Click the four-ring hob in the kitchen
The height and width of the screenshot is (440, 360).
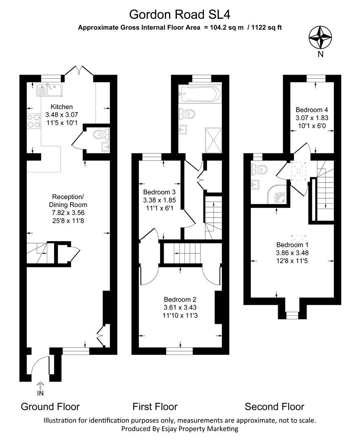33,121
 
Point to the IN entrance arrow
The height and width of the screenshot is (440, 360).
40,386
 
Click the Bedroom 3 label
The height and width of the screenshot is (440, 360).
159,192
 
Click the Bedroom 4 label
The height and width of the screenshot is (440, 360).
312,110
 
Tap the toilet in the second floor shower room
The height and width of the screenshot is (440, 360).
259,168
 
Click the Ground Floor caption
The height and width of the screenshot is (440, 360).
50,407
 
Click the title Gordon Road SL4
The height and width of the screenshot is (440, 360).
180,14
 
